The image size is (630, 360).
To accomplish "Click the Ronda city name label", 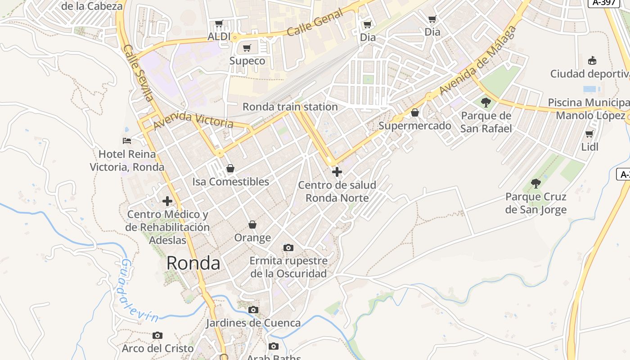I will pyautogui.click(x=193, y=263).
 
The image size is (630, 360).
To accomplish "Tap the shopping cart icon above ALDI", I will pyautogui.click(x=219, y=23).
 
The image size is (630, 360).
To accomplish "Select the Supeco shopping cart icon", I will pyautogui.click(x=247, y=48).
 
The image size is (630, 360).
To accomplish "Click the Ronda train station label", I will pyautogui.click(x=290, y=107).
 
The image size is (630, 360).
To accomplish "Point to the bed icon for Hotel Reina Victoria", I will pyautogui.click(x=127, y=141).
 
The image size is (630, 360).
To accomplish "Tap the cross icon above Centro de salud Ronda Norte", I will pyautogui.click(x=337, y=171).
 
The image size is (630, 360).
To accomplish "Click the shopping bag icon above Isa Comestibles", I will pyautogui.click(x=230, y=168).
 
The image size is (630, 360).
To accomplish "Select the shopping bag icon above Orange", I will pyautogui.click(x=252, y=224).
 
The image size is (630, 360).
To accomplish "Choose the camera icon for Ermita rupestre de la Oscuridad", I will pyautogui.click(x=288, y=247).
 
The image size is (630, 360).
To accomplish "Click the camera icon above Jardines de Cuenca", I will pyautogui.click(x=253, y=310).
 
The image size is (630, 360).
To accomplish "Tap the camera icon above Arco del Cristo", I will pyautogui.click(x=157, y=335).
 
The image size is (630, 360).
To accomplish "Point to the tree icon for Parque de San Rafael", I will pyautogui.click(x=486, y=103).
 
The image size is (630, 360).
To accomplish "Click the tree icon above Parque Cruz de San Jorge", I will pyautogui.click(x=535, y=183).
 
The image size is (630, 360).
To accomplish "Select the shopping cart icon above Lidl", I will pyautogui.click(x=589, y=134).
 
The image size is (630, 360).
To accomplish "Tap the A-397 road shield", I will pyautogui.click(x=603, y=3).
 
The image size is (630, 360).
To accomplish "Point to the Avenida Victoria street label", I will pyautogui.click(x=193, y=120).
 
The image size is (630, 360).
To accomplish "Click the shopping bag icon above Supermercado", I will pyautogui.click(x=415, y=112).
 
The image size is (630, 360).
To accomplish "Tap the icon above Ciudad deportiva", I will pyautogui.click(x=592, y=60).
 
